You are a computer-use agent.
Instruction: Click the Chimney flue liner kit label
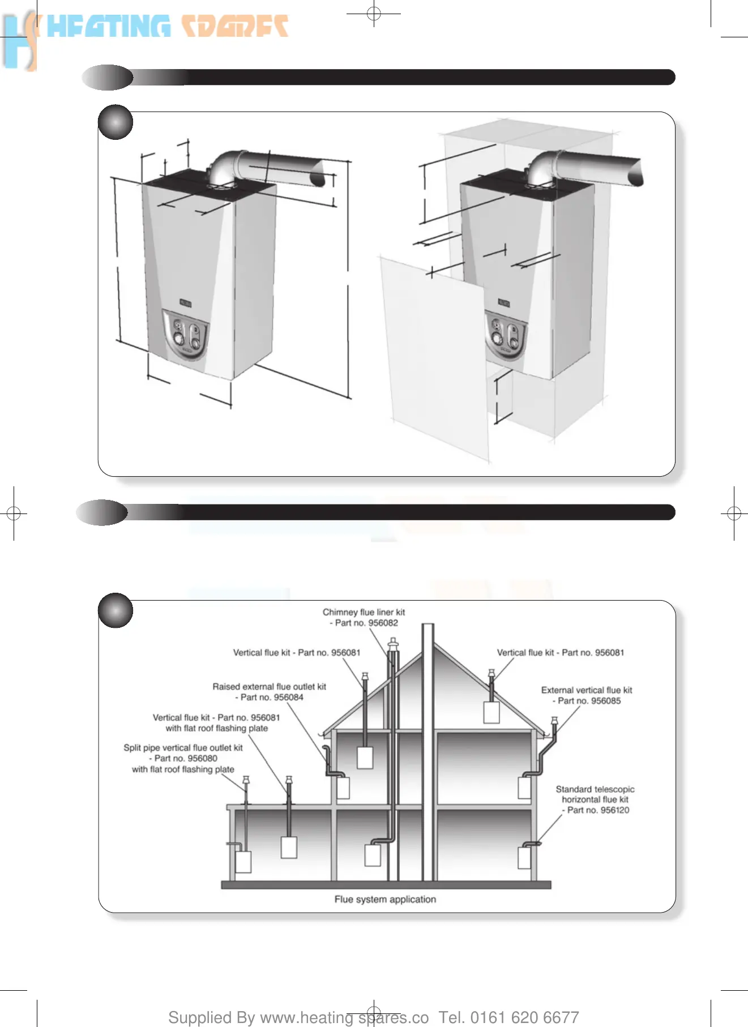(x=364, y=612)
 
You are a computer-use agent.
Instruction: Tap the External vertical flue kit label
(x=587, y=690)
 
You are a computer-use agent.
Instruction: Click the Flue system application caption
(x=385, y=899)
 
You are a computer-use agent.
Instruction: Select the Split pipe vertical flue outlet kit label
(x=183, y=748)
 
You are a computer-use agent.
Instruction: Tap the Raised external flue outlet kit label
(x=270, y=687)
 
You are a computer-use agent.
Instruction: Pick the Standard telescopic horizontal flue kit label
(x=595, y=794)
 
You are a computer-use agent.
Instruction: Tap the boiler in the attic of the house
(x=491, y=712)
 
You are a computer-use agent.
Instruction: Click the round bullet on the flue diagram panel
(x=116, y=610)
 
